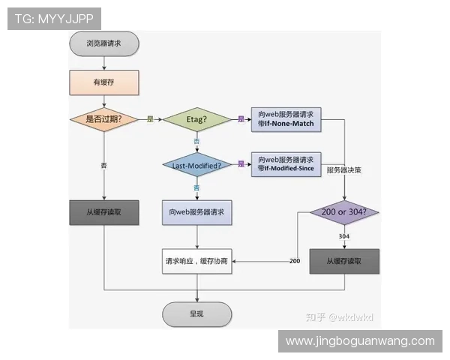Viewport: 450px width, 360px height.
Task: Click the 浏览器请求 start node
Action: pyautogui.click(x=103, y=43)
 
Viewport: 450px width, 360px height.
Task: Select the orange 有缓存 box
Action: pyautogui.click(x=104, y=82)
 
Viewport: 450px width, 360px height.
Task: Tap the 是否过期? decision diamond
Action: pyautogui.click(x=104, y=118)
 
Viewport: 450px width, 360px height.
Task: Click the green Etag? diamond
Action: pyautogui.click(x=196, y=118)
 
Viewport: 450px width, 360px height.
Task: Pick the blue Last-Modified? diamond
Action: pyautogui.click(x=196, y=164)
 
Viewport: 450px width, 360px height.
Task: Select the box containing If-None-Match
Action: pyautogui.click(x=286, y=118)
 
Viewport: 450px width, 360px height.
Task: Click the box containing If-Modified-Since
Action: pyautogui.click(x=286, y=164)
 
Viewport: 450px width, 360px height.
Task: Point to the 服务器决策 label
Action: pyautogui.click(x=345, y=170)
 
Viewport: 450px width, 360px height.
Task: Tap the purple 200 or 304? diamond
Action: pyautogui.click(x=345, y=212)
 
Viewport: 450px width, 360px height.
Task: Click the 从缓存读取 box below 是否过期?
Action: pyautogui.click(x=104, y=212)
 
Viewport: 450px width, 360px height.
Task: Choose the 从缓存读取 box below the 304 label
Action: pyautogui.click(x=344, y=261)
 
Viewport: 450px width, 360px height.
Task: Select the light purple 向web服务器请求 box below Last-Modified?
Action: pyautogui.click(x=196, y=212)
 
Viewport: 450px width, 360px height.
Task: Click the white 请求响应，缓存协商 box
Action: pyautogui.click(x=196, y=261)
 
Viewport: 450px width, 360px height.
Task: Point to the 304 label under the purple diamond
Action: pyautogui.click(x=344, y=236)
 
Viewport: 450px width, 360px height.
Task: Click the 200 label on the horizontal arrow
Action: pyautogui.click(x=295, y=260)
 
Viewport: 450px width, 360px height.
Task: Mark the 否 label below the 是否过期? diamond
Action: pyautogui.click(x=104, y=164)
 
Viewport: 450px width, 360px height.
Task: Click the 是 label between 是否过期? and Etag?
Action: pyautogui.click(x=150, y=118)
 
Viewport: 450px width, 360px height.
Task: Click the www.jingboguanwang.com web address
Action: pyautogui.click(x=360, y=341)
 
